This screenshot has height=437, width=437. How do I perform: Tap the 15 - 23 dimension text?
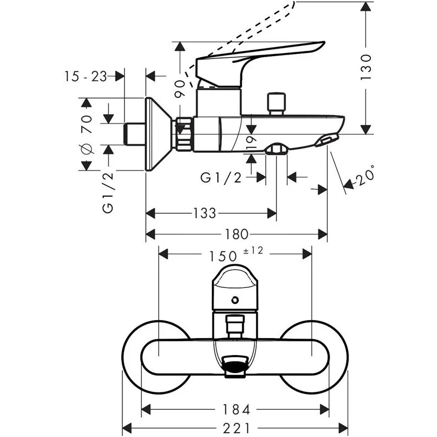click(85, 76)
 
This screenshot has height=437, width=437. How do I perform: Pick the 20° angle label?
click(365, 176)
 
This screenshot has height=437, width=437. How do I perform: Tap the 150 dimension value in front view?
click(223, 255)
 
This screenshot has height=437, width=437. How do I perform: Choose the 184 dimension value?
click(237, 409)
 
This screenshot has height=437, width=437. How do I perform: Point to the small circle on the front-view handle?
click(235, 299)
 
